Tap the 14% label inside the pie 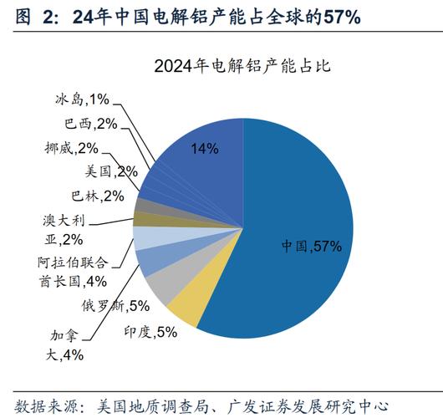(x=205, y=149)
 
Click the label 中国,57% (x=311, y=247)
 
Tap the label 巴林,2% (x=97, y=196)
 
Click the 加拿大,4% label (x=67, y=345)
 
